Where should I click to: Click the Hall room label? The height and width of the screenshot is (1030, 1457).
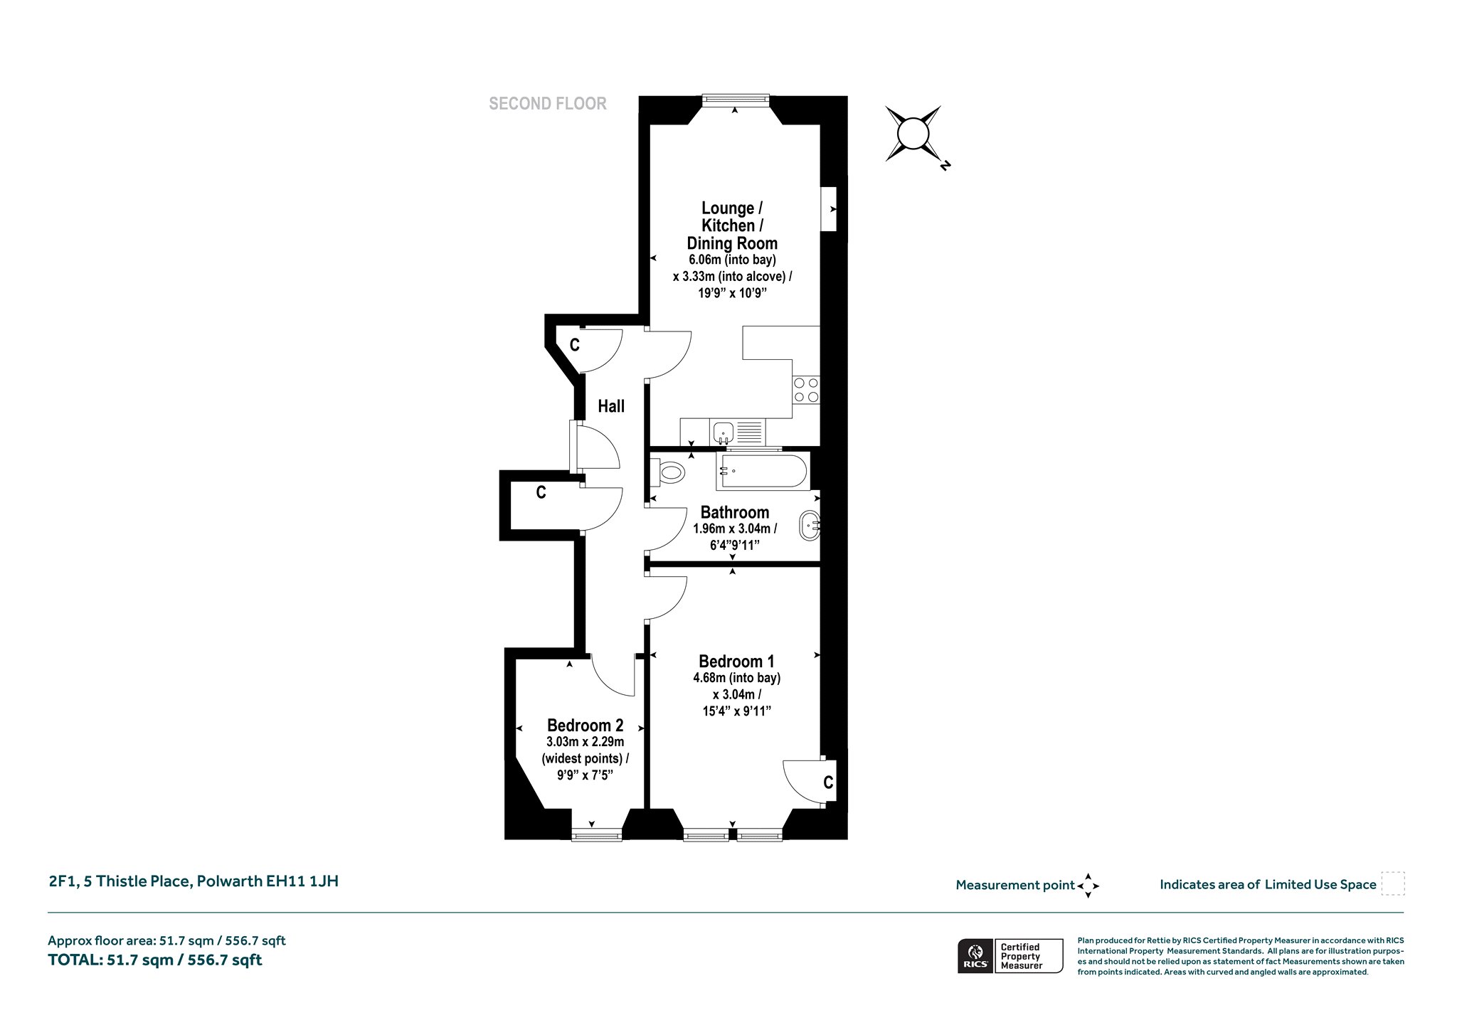(x=611, y=406)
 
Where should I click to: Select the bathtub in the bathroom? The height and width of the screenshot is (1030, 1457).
(x=762, y=471)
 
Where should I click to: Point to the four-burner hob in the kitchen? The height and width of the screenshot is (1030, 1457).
(x=806, y=390)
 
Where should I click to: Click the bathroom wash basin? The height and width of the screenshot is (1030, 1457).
(x=810, y=526)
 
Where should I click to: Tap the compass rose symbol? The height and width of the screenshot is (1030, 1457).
(x=913, y=134)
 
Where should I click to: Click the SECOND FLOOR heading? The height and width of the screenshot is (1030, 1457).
(x=548, y=104)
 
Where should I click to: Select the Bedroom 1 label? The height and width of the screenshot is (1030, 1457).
(x=736, y=662)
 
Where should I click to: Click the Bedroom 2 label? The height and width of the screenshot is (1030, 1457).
(x=585, y=726)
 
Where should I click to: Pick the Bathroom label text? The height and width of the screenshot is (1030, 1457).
(x=735, y=512)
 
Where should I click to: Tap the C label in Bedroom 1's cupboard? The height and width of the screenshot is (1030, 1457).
(x=828, y=782)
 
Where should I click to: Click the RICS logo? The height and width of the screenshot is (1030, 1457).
(x=974, y=955)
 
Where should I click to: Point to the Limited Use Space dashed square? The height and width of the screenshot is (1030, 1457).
(x=1393, y=883)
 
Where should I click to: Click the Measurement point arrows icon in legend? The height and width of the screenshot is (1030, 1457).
(x=1088, y=886)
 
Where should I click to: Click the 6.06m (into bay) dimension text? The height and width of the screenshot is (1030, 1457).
(x=732, y=260)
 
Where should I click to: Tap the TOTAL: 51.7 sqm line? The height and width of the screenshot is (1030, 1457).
(x=155, y=960)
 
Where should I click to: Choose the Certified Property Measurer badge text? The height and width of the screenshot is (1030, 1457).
(x=1021, y=956)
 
